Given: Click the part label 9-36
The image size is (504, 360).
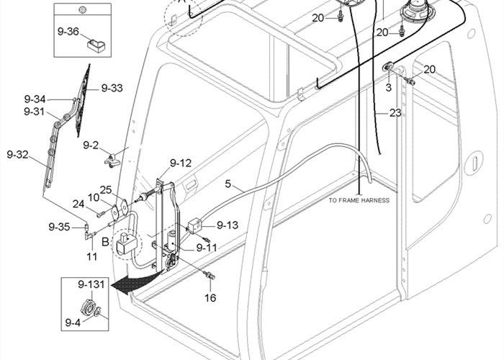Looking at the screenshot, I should [x=69, y=32].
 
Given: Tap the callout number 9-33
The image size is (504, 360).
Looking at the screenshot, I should [x=112, y=88].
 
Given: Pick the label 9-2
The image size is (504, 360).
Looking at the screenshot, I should [x=91, y=145].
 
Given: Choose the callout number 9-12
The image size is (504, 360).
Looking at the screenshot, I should [x=181, y=163].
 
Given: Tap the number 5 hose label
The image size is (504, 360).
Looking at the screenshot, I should [x=228, y=184].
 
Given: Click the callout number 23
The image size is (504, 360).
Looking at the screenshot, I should [x=395, y=112].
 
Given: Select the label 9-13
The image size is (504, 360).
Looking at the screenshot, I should [x=227, y=225].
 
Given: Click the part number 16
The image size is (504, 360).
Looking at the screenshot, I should [x=210, y=297].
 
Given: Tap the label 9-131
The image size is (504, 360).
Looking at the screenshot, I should [x=91, y=285].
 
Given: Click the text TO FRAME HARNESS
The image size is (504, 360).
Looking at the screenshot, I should [x=359, y=199].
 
